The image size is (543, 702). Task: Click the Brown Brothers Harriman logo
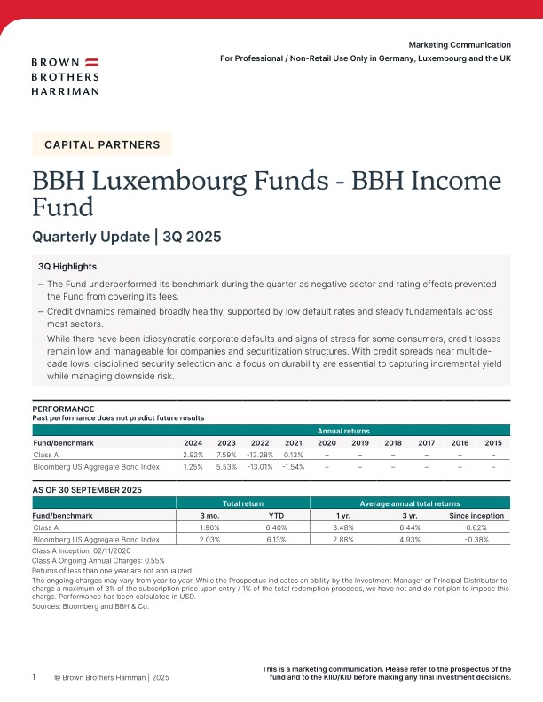tap(65, 75)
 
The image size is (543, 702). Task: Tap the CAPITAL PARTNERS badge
tap(101, 144)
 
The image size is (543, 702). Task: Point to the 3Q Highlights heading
tap(67, 267)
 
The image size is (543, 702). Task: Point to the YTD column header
tap(276, 514)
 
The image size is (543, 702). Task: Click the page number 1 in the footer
tap(34, 676)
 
